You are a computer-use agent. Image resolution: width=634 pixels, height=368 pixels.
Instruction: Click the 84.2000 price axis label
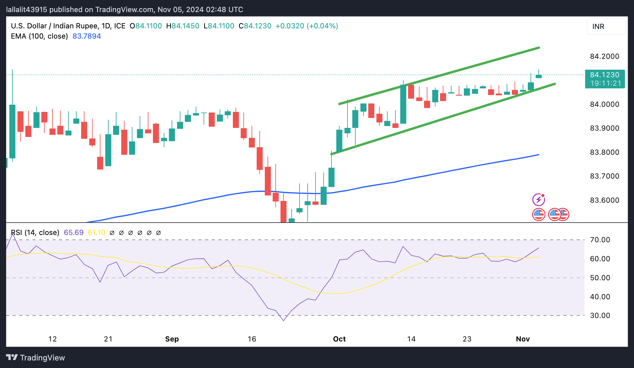(604, 56)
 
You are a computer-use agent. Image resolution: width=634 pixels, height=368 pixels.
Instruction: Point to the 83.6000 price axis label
(604, 200)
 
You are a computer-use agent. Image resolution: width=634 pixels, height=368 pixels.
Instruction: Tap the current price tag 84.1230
(604, 75)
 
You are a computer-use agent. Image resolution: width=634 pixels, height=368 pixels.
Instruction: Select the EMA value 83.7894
(87, 36)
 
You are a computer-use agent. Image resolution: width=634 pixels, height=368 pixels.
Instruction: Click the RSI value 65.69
(74, 233)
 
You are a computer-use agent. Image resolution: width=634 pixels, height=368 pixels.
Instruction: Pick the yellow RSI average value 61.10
(97, 233)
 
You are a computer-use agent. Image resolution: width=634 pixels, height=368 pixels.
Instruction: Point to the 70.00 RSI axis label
(600, 240)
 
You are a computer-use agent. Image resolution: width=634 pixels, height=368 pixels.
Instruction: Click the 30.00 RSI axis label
(600, 316)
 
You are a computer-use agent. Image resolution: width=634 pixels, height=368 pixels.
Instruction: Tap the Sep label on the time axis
(172, 339)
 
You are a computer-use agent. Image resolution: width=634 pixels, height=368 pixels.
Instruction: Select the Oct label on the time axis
(339, 339)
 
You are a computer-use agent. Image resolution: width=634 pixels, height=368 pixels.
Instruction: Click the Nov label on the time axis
(523, 339)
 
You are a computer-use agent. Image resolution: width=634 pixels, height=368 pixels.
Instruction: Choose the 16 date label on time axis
(252, 339)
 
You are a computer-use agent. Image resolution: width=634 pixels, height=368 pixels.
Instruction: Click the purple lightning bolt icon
(538, 200)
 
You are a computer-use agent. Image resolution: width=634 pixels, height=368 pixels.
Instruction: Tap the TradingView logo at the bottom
(36, 358)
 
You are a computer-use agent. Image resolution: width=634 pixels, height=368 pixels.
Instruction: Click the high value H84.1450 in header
(183, 26)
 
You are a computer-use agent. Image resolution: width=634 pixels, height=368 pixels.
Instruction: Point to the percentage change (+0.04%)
(322, 26)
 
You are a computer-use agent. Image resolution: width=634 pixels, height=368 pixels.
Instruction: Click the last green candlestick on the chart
(539, 76)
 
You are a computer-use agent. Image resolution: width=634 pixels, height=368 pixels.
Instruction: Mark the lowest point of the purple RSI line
(284, 321)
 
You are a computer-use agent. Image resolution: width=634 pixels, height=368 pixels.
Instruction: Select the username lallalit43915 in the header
(27, 10)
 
